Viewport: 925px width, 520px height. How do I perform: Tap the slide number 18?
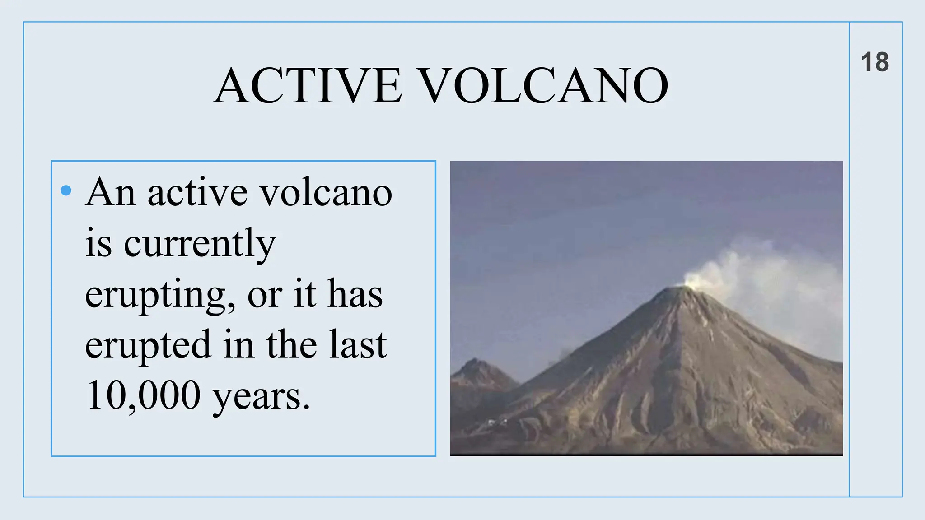coord(874,62)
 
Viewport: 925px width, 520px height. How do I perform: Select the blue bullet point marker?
coord(66,190)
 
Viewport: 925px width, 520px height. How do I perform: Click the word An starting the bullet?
coord(111,193)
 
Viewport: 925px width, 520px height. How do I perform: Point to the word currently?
coord(199,244)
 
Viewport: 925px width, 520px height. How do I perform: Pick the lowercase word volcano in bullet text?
coord(327,194)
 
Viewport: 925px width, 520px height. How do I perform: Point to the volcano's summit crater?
coord(676,288)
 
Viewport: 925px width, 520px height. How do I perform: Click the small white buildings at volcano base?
coord(497,422)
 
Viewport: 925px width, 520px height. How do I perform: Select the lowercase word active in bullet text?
coord(197,194)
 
